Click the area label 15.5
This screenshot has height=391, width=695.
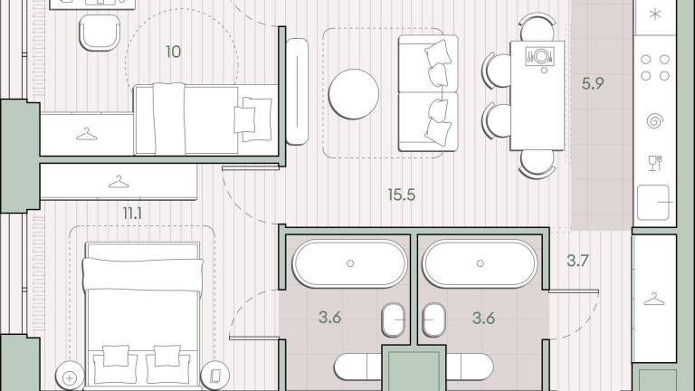(402, 195)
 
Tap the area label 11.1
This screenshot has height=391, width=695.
(132, 214)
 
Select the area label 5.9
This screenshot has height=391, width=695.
(593, 83)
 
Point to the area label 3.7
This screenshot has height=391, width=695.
(577, 261)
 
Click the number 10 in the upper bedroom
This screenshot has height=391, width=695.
(174, 52)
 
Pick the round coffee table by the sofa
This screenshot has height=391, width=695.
(354, 94)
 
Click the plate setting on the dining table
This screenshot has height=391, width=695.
(540, 57)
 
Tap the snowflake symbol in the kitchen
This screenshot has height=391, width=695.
(655, 14)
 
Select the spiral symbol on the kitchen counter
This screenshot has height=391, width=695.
(655, 120)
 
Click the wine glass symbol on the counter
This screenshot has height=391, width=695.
(655, 163)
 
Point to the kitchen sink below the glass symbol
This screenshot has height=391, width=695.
(653, 203)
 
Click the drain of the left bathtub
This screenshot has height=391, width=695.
(350, 263)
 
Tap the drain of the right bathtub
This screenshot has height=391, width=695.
(480, 263)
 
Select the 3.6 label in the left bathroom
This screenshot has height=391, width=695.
(329, 318)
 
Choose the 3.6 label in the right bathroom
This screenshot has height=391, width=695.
(483, 318)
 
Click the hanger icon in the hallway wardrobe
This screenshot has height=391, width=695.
(654, 300)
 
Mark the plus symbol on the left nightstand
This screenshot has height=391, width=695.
(70, 378)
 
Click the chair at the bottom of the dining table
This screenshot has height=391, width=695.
(538, 164)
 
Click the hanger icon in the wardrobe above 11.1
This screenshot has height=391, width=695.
(119, 182)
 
